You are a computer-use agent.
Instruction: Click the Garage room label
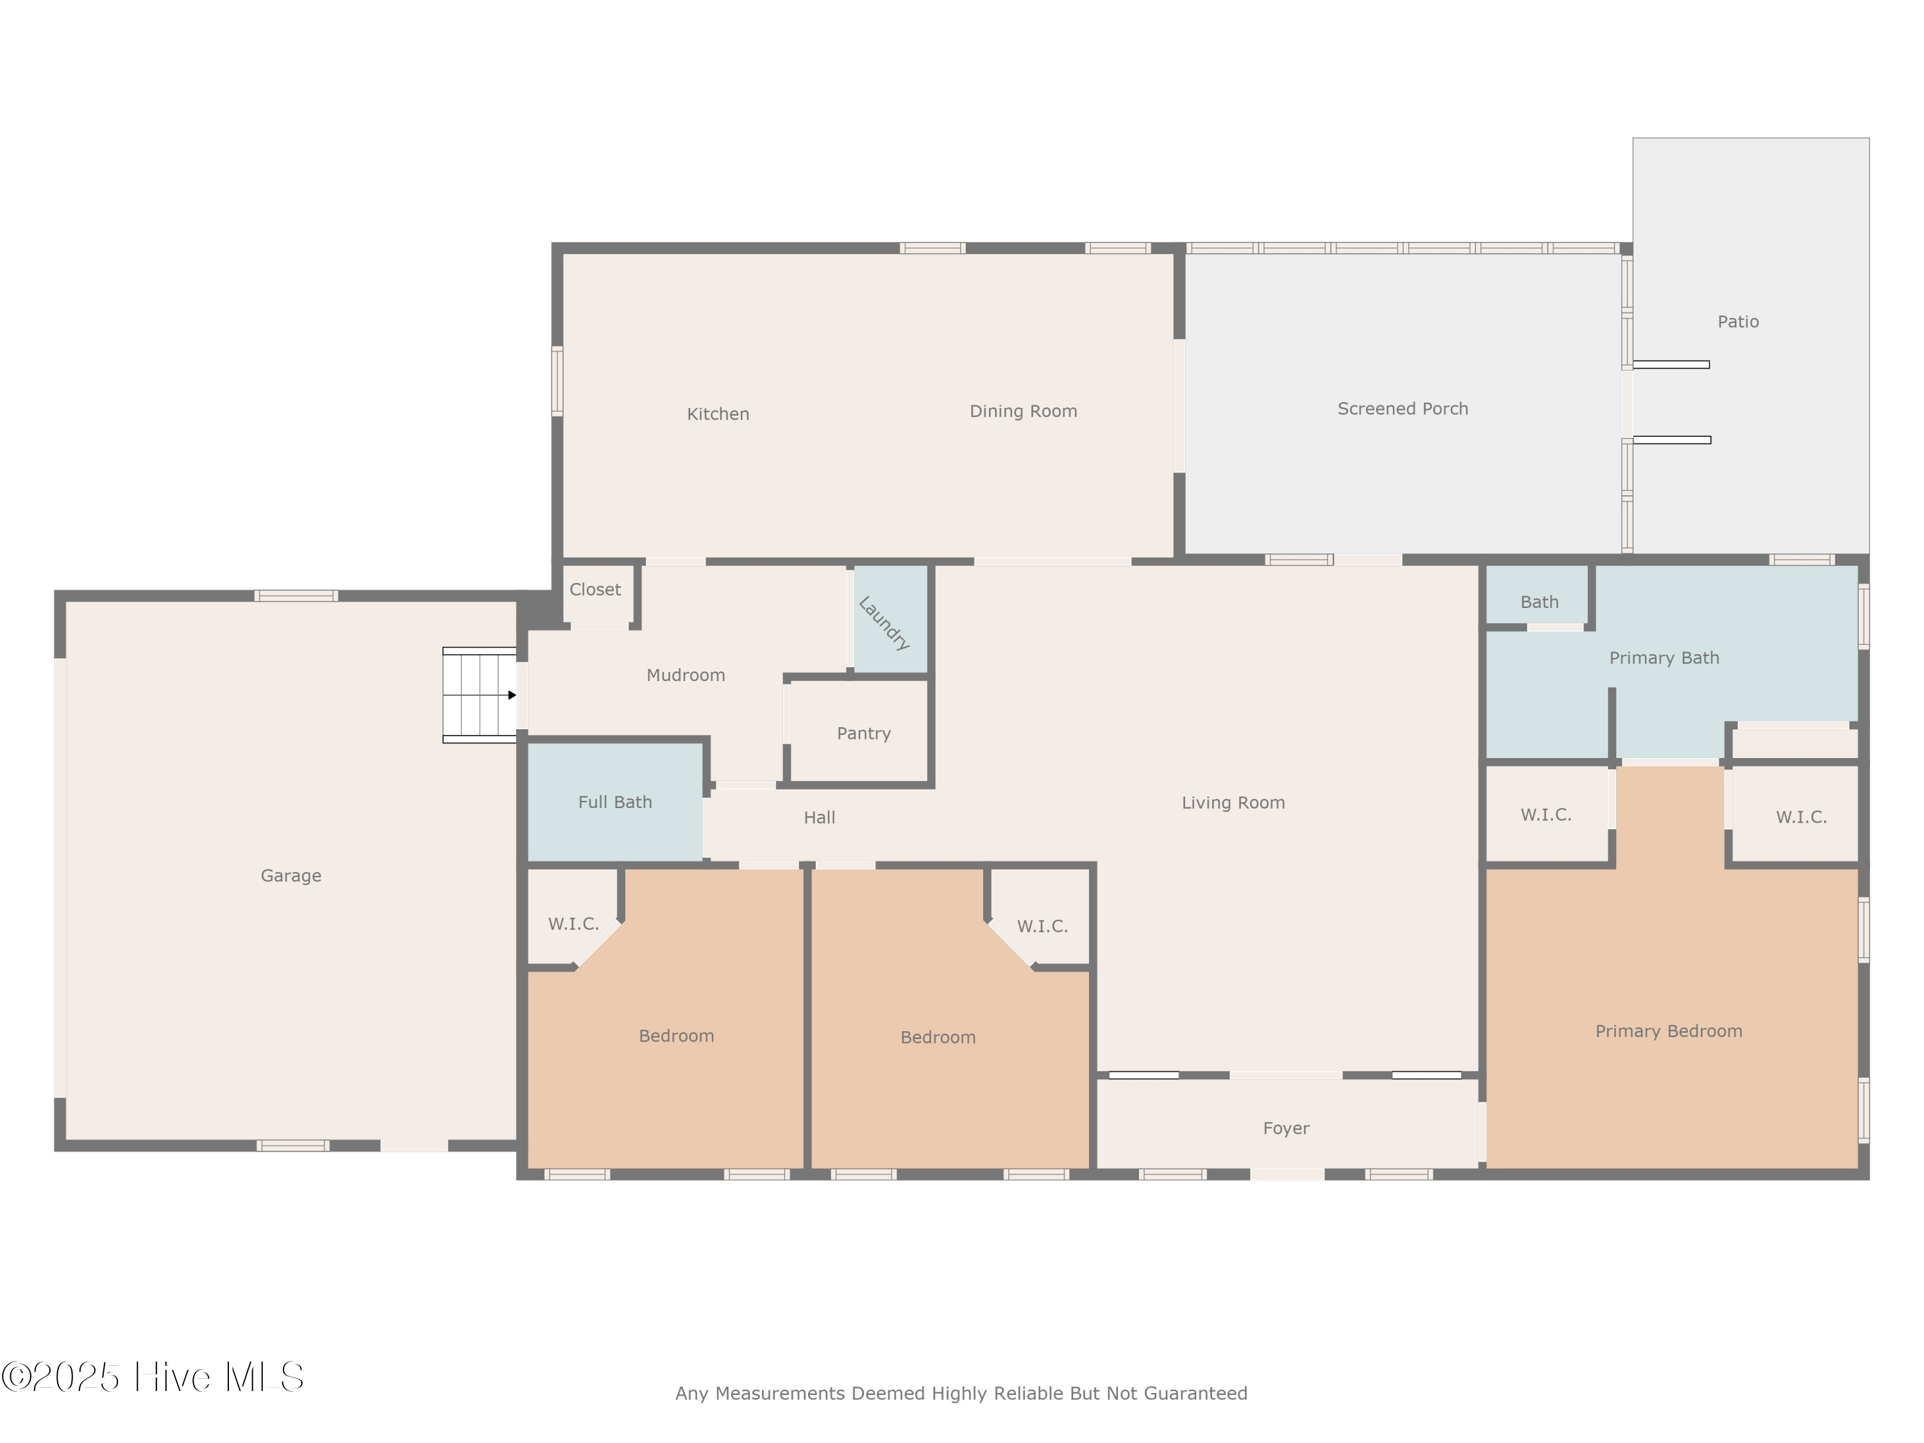(x=291, y=876)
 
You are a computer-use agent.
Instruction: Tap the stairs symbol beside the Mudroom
(x=479, y=695)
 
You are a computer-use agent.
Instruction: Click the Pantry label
(x=863, y=733)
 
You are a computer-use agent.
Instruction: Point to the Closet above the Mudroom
(x=595, y=590)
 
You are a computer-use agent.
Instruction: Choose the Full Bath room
(x=615, y=802)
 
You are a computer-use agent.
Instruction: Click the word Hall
(x=818, y=818)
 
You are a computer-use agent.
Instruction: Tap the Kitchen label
(x=718, y=414)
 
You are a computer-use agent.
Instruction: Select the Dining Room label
(x=1023, y=412)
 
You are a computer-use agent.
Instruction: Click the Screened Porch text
(x=1402, y=409)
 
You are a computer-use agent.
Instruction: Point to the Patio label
(x=1737, y=322)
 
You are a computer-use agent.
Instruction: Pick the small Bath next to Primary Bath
(x=1539, y=602)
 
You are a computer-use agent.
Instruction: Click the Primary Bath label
(x=1663, y=659)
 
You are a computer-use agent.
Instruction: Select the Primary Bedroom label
(x=1667, y=1031)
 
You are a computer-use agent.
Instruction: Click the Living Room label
(x=1233, y=803)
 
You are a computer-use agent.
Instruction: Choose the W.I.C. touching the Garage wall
(x=573, y=924)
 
